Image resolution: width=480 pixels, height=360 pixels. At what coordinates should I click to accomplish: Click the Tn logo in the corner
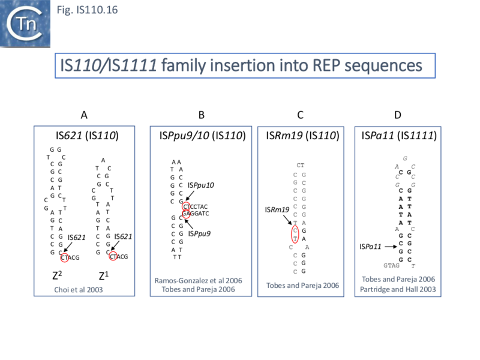(x=25, y=23)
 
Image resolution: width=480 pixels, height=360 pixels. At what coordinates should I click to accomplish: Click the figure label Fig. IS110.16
(x=82, y=10)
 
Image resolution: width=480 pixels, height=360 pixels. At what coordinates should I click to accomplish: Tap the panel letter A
(x=85, y=115)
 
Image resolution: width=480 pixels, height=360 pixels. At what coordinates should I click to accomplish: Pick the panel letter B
(x=202, y=115)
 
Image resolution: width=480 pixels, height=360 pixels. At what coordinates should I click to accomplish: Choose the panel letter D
(x=398, y=115)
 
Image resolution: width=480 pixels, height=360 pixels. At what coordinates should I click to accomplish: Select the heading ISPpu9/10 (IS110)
(x=202, y=136)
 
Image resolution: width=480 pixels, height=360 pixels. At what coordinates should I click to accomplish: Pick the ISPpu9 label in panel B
(x=199, y=233)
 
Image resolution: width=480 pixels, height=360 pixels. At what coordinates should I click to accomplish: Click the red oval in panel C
(x=295, y=233)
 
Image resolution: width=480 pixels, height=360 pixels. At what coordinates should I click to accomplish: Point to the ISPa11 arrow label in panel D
(x=370, y=246)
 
